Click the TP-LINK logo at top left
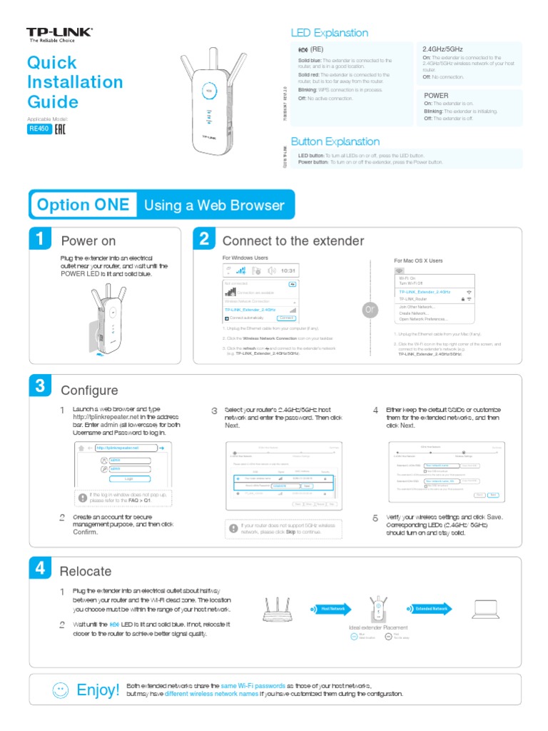point(59,34)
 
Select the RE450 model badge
point(39,129)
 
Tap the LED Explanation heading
point(329,33)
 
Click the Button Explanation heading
point(335,141)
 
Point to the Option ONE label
point(83,206)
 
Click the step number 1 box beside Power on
point(40,240)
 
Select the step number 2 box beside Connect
point(203,240)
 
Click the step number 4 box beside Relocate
point(40,568)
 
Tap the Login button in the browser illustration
point(128,479)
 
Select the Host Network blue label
point(333,609)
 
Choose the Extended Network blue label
point(431,609)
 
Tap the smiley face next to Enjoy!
point(61,690)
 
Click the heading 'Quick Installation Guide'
point(74,82)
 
